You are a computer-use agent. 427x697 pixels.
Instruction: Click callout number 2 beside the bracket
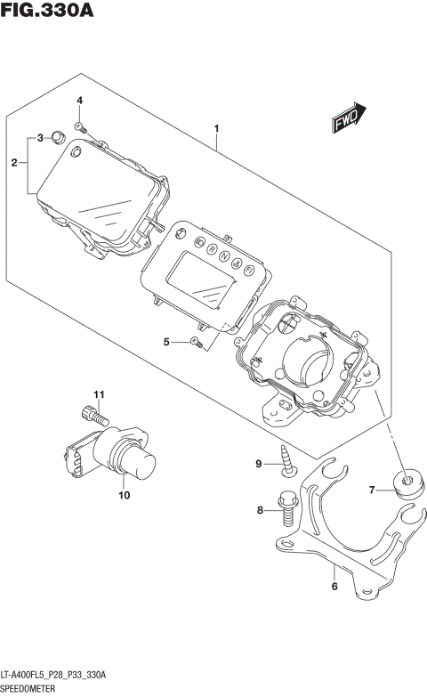click(x=14, y=163)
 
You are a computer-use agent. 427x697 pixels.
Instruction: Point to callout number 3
click(x=40, y=138)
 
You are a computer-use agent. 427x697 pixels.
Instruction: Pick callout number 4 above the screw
click(x=79, y=101)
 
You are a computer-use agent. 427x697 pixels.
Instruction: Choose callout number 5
click(x=166, y=341)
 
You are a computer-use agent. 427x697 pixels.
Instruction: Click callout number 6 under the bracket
click(x=334, y=586)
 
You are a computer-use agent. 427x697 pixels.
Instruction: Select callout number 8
click(x=261, y=510)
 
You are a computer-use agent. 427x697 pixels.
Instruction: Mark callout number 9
click(x=260, y=463)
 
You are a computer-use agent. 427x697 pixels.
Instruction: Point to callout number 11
click(x=100, y=394)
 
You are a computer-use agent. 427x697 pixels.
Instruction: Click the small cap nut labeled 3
click(x=56, y=136)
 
